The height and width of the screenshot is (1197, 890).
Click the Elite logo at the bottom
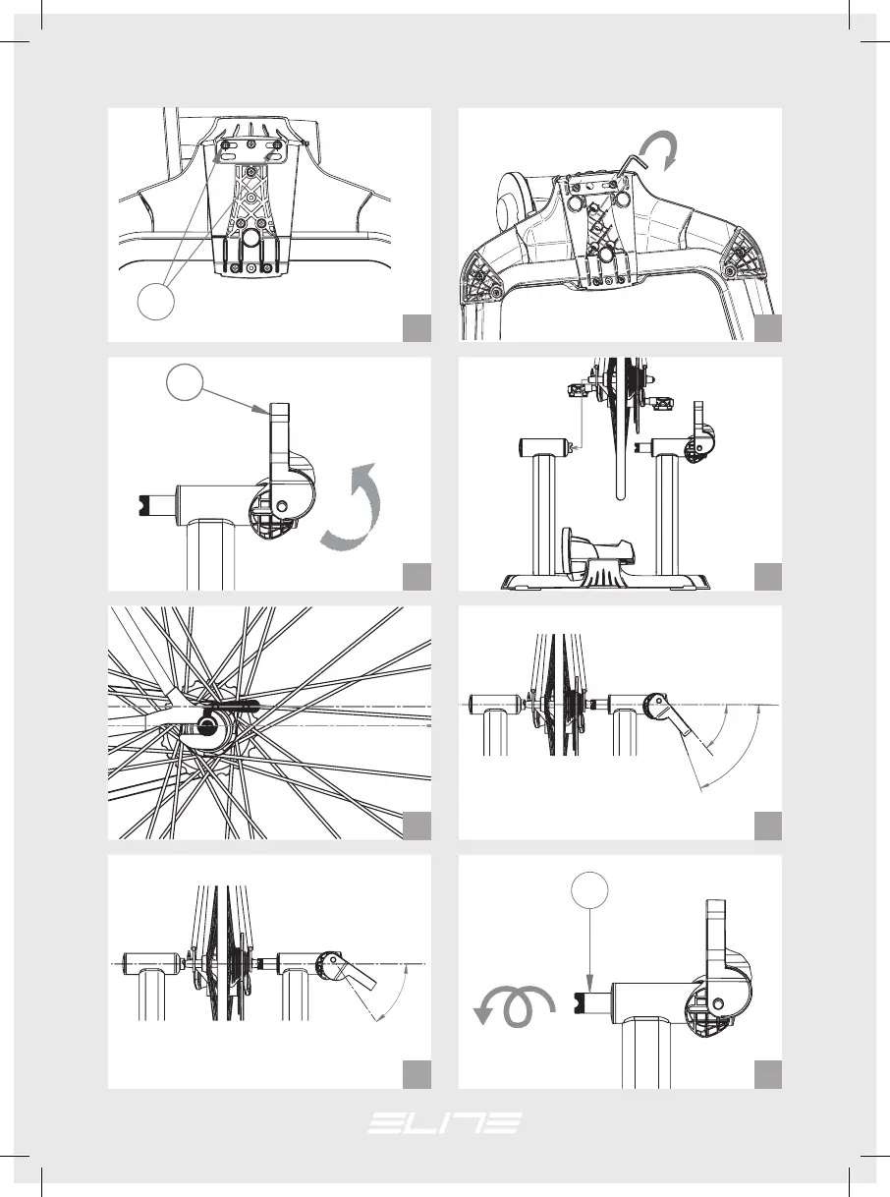coord(445,1123)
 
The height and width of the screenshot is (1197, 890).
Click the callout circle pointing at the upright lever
coord(185,382)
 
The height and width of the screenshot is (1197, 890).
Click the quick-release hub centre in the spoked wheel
coord(207,726)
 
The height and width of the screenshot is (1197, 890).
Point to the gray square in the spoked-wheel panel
coord(417,826)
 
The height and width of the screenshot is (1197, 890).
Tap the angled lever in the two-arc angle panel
coord(672,714)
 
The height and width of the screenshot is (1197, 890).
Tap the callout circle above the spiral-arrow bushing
coord(589,889)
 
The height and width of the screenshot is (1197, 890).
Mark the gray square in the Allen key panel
coord(767,328)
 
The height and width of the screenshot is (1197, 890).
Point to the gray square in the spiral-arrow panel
coord(767,1074)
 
